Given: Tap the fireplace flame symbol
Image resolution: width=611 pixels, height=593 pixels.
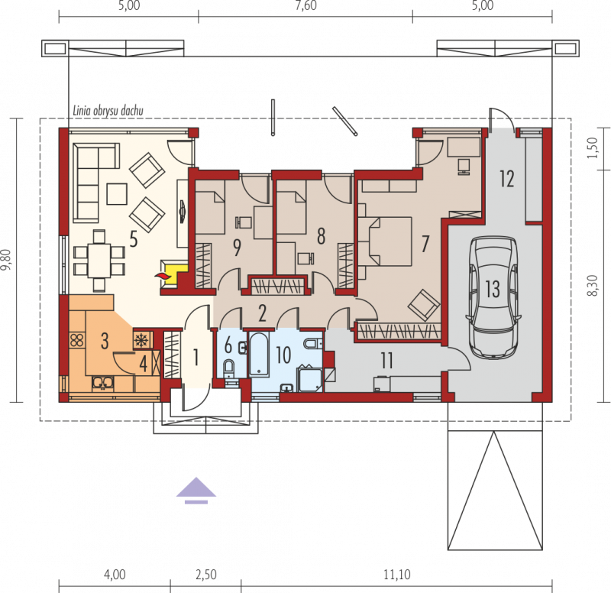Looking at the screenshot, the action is pos(163,276).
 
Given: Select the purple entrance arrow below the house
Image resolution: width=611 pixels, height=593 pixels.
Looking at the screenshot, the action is pos(196,490).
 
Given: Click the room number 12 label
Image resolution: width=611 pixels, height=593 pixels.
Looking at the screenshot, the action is pos(507,179).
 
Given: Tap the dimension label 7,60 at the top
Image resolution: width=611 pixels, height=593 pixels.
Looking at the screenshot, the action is pos(306,5).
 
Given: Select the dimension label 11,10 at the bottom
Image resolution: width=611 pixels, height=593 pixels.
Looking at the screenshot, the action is pos(396,575).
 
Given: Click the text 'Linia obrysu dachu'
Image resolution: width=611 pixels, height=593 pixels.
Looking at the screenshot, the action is pos(108,111).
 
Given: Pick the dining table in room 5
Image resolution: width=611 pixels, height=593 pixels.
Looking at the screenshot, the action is pos(99,261).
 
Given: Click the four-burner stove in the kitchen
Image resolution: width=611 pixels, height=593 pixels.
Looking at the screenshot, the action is pos(77,340).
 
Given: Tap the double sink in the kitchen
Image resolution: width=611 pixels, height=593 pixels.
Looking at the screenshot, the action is pos(103,384).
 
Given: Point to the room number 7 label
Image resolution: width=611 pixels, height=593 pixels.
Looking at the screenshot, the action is pos(425,243).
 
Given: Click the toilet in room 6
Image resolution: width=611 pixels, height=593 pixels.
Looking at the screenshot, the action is pos(228,368).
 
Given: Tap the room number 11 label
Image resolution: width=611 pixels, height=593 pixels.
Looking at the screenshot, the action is pos(386,361).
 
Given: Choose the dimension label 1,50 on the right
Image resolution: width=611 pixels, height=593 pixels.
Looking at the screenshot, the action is pos(592,148).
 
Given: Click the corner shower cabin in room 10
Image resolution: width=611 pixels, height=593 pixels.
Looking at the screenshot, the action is pos(310,378).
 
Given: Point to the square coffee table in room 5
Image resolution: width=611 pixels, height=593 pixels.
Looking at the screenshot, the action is pos(117,194).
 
